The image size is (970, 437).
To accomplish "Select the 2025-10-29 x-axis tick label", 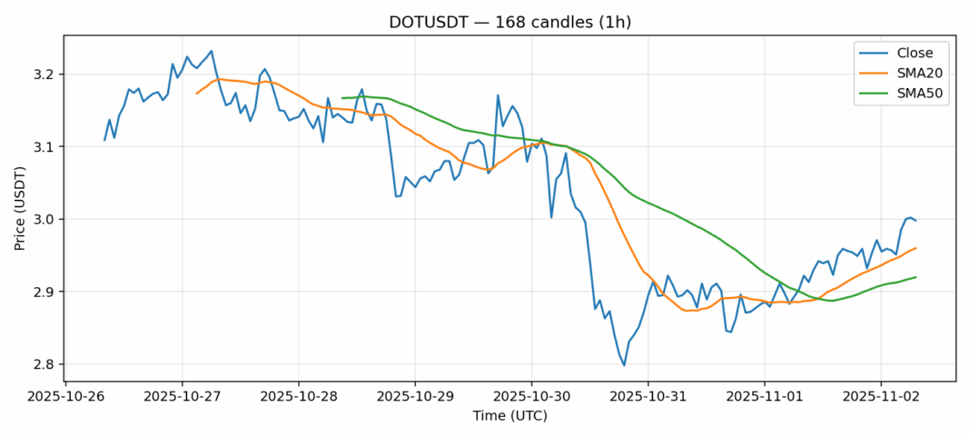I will pos(415,397).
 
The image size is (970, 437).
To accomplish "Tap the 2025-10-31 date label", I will pos(648,397).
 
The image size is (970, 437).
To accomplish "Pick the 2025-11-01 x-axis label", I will pos(764,397).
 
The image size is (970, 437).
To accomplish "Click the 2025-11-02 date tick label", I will pos(880,397).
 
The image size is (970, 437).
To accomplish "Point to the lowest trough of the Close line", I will pos(624,365).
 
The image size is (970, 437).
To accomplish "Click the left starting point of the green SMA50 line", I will pos(342,98).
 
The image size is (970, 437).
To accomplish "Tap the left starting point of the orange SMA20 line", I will pos(197,94).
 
